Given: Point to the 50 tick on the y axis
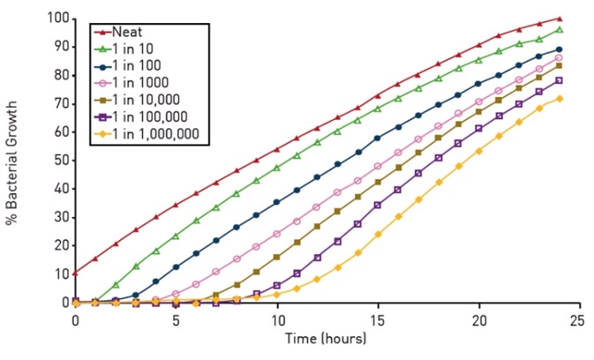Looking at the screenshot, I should point(58,161).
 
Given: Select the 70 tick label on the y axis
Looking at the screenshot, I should point(58,104).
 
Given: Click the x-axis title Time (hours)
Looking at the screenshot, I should point(327,338).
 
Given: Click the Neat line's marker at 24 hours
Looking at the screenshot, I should point(559,19).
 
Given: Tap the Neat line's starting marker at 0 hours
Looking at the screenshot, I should point(76,273).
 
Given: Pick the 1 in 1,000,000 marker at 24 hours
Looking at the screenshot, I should point(559,98).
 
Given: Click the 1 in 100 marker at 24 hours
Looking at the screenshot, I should point(559,49).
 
